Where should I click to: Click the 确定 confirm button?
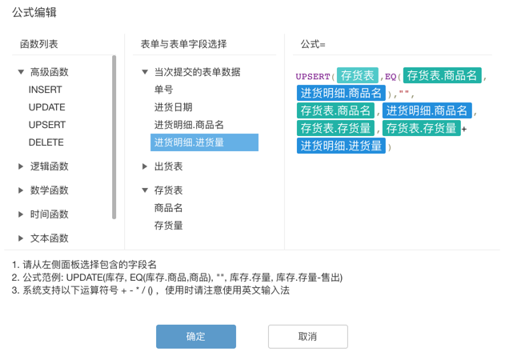click(196, 337)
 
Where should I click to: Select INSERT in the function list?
click(46, 90)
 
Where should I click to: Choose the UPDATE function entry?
click(47, 107)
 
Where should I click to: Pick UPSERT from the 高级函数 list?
click(47, 125)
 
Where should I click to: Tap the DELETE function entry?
click(46, 142)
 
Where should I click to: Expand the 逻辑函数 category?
click(49, 166)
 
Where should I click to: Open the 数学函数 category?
click(49, 190)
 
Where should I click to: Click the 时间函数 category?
click(49, 214)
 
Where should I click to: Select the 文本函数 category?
click(49, 238)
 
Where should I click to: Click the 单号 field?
click(163, 90)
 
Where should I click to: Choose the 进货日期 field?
click(173, 107)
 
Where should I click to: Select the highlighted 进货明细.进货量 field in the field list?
click(189, 142)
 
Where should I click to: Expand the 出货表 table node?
click(167, 166)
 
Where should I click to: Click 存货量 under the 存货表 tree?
click(168, 226)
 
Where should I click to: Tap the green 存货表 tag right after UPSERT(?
click(358, 76)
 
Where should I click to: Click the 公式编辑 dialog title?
click(34, 13)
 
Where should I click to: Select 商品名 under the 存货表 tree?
click(168, 208)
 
